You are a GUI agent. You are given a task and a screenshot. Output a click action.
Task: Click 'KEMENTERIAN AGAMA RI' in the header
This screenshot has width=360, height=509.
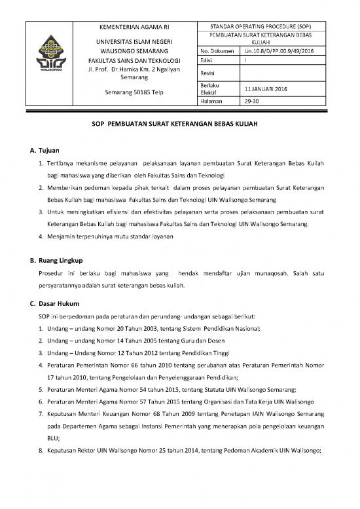coord(134,27)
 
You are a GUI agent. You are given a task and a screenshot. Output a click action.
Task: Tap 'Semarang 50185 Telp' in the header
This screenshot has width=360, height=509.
coord(134,92)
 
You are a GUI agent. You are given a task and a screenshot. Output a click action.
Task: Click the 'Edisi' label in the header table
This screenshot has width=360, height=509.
coord(210,60)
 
